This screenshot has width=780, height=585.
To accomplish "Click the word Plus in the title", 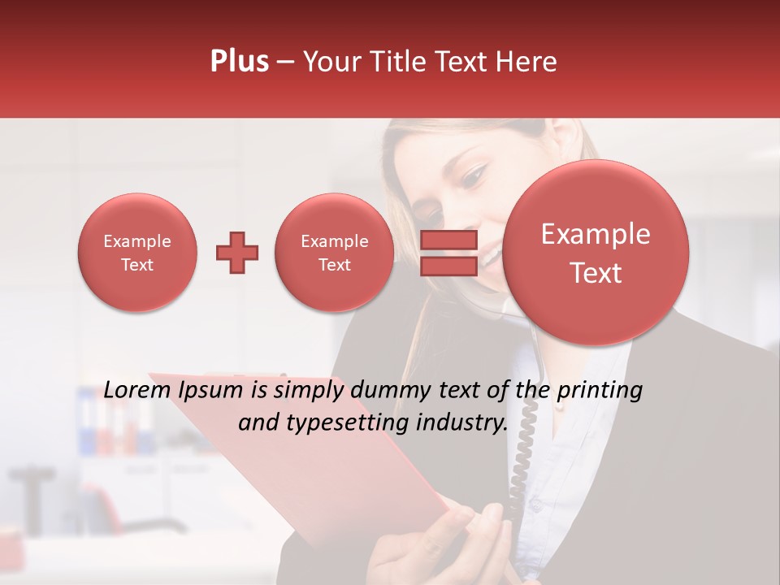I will [239, 62].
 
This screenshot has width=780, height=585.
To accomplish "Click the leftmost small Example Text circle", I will [136, 253].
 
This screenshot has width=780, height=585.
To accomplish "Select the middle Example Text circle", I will [334, 253].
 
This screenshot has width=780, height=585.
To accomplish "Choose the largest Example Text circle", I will [596, 253].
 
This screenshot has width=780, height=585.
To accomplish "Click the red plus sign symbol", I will [237, 253].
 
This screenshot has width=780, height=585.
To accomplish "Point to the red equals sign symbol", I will [448, 253].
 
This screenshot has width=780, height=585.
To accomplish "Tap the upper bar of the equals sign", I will [448, 240].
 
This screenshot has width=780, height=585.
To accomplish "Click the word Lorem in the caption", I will [137, 391].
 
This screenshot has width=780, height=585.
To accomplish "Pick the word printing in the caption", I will [599, 391].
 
